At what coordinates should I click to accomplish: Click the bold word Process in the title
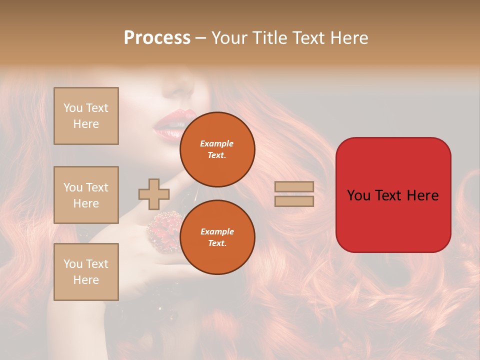coord(157,38)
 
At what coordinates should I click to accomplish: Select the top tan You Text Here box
coord(86,116)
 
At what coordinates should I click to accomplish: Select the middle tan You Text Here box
coord(86,195)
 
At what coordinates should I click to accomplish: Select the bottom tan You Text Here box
coord(86,272)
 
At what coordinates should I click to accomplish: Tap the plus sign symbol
coord(154,194)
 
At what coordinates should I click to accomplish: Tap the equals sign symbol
coord(294,194)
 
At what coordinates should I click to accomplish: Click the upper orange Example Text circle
coord(217,149)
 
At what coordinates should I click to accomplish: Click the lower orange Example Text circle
coord(217,237)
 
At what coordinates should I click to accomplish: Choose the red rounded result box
coord(393,195)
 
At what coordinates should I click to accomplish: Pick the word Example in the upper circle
coord(216,143)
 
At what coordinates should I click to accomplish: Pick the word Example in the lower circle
coord(217,231)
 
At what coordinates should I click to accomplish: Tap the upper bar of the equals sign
coord(294,187)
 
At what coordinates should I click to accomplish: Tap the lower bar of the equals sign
coord(294,201)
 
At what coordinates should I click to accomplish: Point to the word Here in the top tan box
coord(86,124)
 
